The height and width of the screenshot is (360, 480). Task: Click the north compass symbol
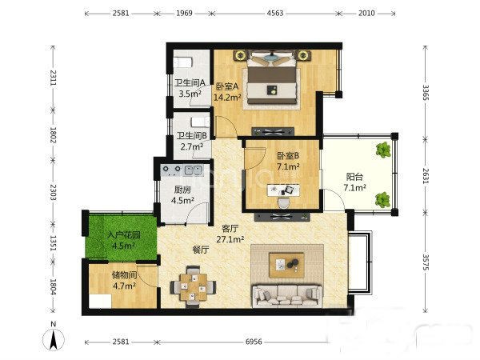pos(54,337)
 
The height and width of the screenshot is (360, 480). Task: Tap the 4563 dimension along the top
pos(275,13)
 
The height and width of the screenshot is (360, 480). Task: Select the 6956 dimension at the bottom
pos(254,342)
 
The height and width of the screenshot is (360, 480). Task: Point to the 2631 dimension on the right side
pos(426,176)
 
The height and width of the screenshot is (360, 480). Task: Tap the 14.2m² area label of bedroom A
pos(227,98)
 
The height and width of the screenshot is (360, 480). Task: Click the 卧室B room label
pos(288,156)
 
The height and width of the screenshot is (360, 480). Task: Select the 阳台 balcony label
pos(354,177)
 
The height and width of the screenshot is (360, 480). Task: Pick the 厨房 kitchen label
pos(182,190)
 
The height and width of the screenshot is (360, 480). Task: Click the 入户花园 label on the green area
pos(124,235)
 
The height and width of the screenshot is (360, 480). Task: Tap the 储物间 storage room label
pos(124,275)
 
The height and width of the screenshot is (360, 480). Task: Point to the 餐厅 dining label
pos(201,250)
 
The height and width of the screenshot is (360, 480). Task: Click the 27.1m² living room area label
pos(230,239)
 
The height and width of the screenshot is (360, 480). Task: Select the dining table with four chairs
pos(193,286)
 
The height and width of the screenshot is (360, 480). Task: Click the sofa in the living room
pos(287,296)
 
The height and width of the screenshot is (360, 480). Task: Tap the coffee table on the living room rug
pos(286,265)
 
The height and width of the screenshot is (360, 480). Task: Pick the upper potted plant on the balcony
pos(383,150)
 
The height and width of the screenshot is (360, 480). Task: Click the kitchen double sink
pos(193,170)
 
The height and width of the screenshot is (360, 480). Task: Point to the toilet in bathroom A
pos(183,62)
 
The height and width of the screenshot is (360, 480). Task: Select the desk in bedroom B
pos(284,190)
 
